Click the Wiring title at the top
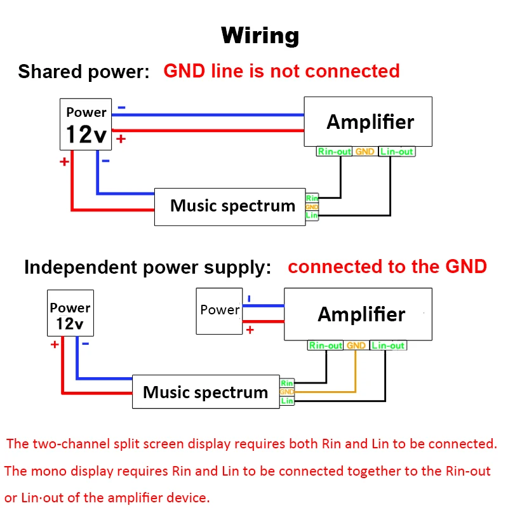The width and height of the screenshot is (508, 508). point(260,35)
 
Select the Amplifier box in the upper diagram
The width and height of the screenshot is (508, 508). point(368,122)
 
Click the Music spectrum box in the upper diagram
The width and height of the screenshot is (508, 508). point(230,206)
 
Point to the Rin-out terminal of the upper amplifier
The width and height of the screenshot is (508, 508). point(335,152)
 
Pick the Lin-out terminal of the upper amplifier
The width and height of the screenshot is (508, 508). point(396,152)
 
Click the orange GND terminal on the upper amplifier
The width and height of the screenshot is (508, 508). point(364,152)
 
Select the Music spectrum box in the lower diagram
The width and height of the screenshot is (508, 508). point(205,392)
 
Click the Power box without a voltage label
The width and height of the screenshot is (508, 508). point(219,311)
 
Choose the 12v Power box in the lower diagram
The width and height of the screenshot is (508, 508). point(70,314)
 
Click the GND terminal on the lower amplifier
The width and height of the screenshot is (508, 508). point(356,345)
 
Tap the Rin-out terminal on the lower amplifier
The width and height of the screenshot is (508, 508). point(326,345)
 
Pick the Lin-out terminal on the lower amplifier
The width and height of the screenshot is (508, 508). point(387,345)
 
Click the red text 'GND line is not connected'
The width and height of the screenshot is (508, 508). point(281,70)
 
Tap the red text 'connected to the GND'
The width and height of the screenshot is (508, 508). point(387,266)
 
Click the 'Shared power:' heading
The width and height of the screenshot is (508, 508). point(83,71)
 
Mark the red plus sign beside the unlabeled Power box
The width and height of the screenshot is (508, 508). point(250,330)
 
